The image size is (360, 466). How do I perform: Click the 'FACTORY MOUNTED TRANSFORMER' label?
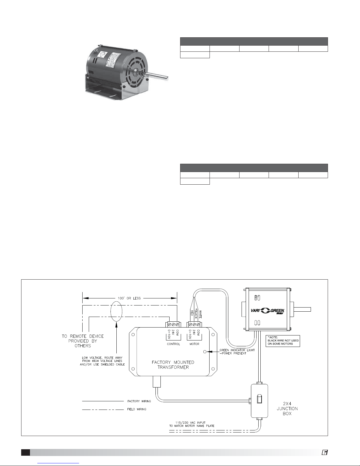(173, 365)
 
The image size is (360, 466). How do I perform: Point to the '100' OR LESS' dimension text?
(129, 298)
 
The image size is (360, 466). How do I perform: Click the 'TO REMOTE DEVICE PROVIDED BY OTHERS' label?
(83, 341)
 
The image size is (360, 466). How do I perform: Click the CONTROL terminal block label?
(173, 344)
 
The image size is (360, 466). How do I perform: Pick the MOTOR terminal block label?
(194, 344)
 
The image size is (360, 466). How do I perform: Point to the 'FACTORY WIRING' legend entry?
(139, 401)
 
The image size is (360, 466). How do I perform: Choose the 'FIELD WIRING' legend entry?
(137, 409)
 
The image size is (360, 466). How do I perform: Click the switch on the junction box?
(259, 400)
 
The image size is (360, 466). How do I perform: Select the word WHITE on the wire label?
(200, 314)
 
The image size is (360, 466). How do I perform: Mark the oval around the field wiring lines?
(116, 311)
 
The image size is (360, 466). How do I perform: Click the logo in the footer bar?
(324, 452)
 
